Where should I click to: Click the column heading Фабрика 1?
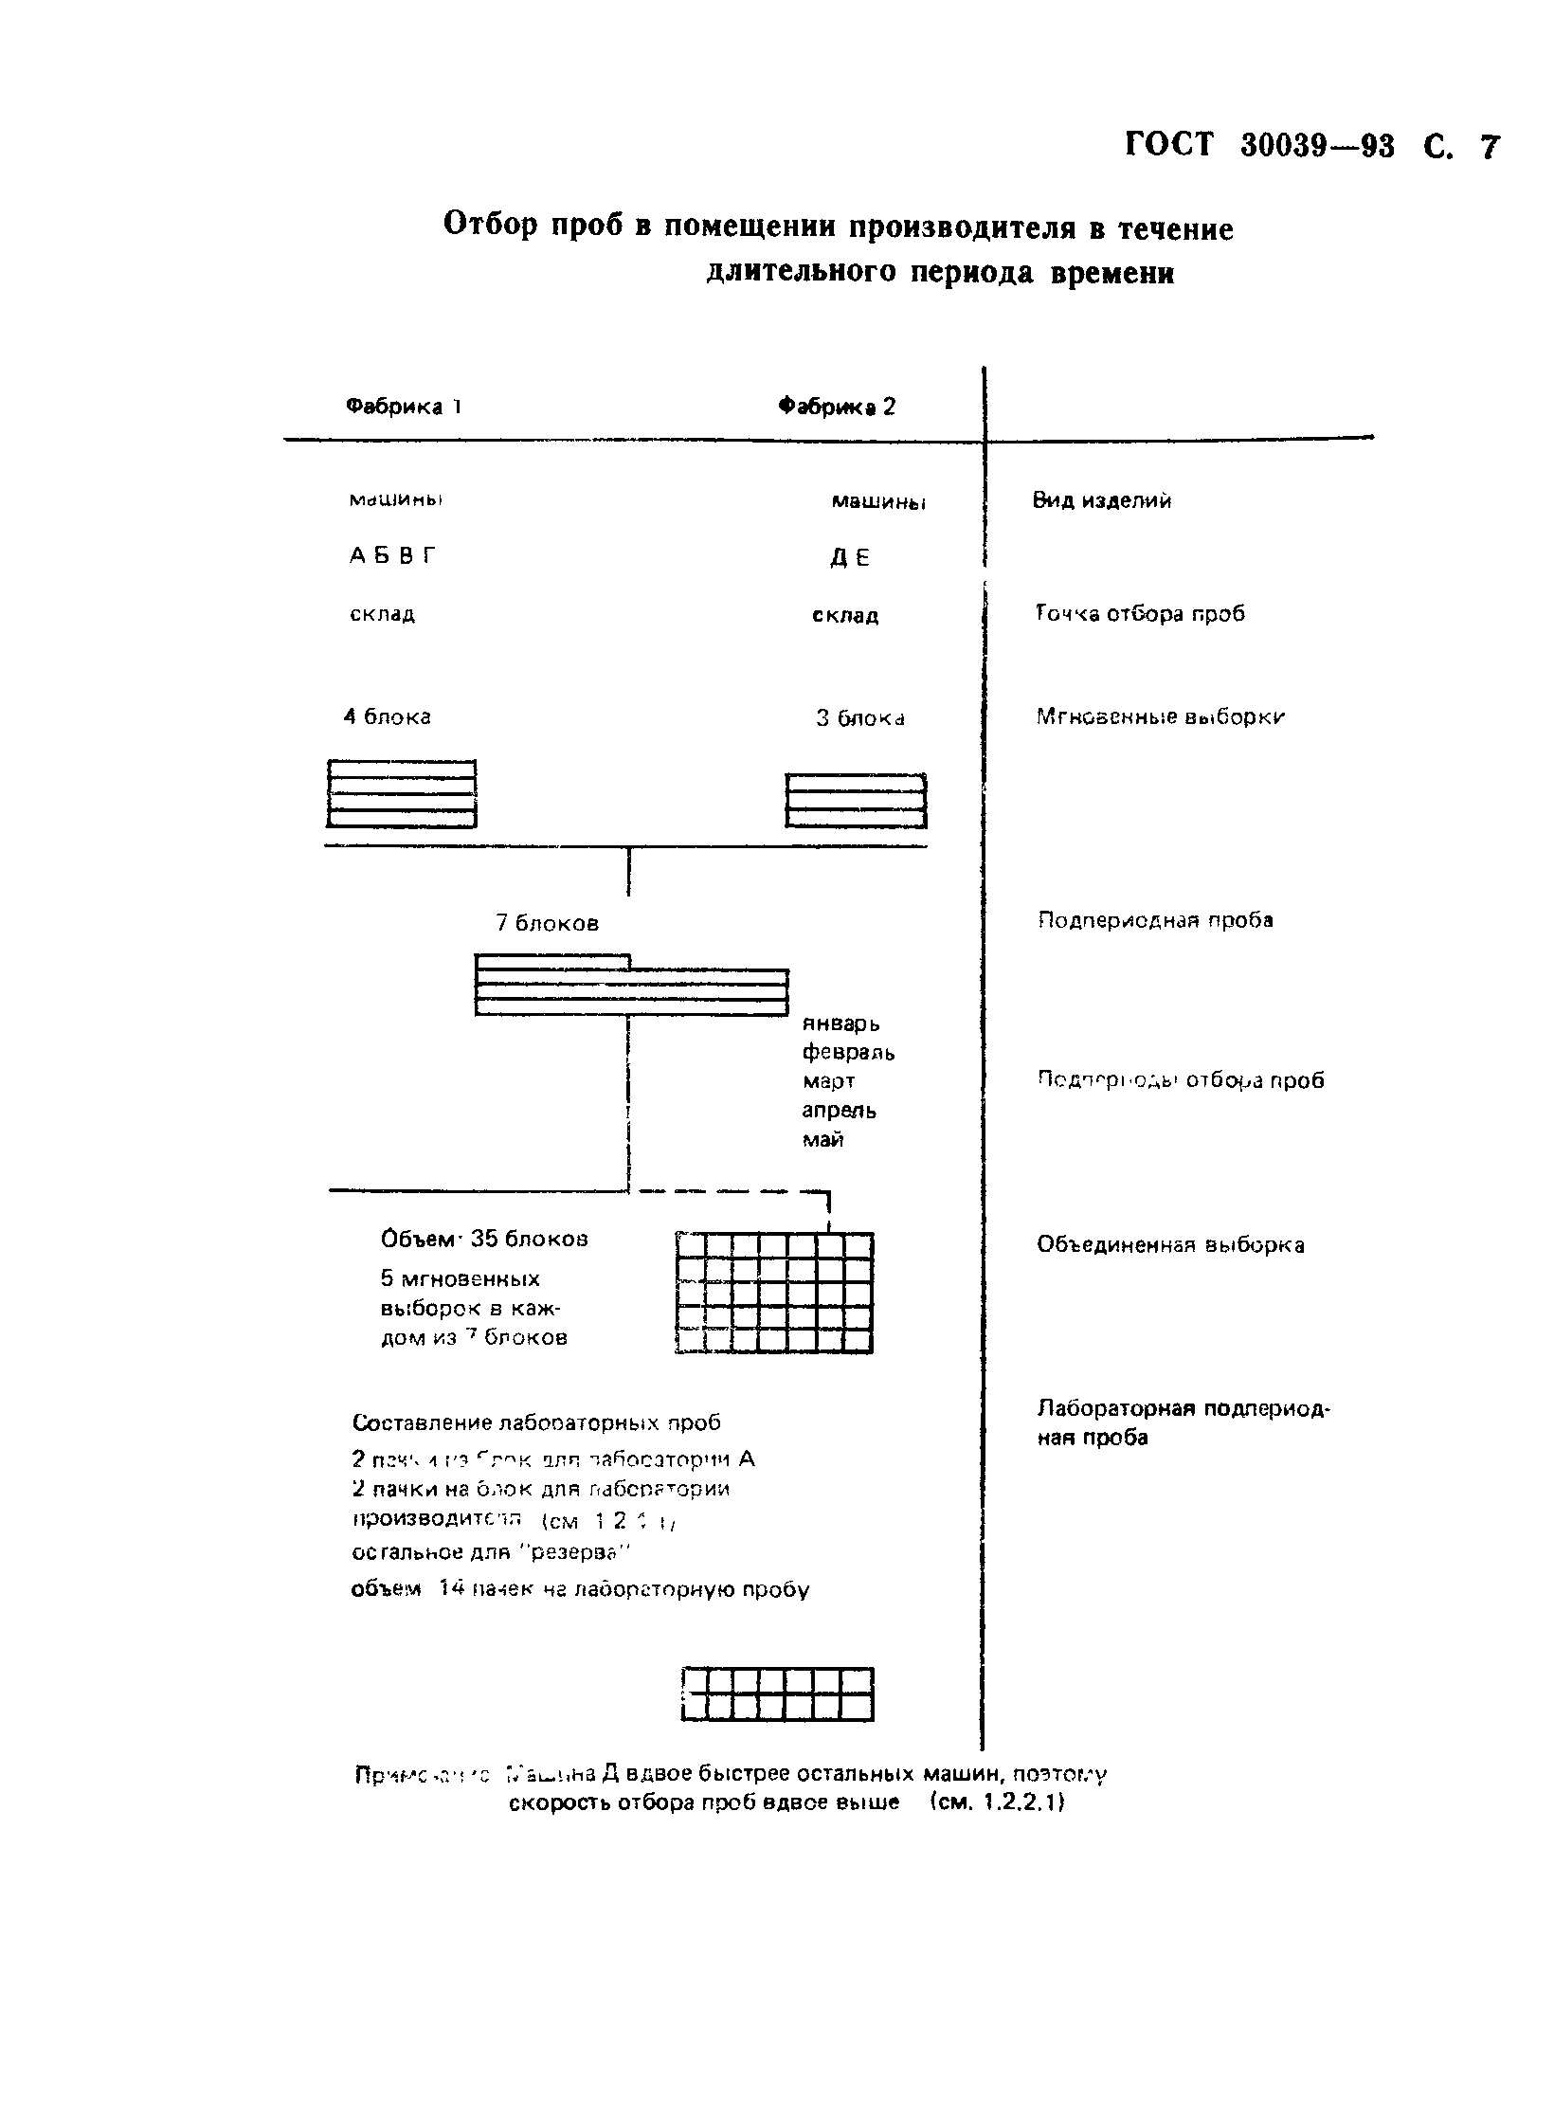[x=403, y=407]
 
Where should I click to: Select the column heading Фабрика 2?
[x=836, y=407]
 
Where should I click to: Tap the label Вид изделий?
[x=1101, y=500]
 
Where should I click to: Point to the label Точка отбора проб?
[x=1140, y=613]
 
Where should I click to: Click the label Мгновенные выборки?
[x=1160, y=716]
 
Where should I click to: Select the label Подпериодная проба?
[x=1154, y=919]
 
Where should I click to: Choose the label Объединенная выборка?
[x=1170, y=1244]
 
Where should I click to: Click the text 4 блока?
[x=387, y=716]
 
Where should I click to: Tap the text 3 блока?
[x=859, y=718]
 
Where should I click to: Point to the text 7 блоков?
[x=547, y=922]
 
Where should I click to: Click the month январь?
[x=840, y=1023]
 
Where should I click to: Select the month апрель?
[x=839, y=1110]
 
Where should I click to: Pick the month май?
[x=822, y=1139]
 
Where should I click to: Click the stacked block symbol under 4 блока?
[x=401, y=793]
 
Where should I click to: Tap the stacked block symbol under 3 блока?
[x=856, y=801]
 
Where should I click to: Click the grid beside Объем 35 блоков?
[x=775, y=1292]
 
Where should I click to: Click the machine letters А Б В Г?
[x=393, y=556]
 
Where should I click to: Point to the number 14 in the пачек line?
[x=450, y=1588]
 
